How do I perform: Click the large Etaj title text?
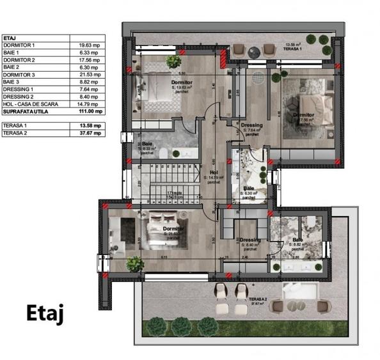click(x=44, y=315)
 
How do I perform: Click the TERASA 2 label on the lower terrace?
click(x=258, y=299)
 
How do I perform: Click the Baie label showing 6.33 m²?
click(x=147, y=148)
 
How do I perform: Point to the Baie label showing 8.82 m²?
click(x=298, y=242)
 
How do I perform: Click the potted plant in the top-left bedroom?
click(x=173, y=61)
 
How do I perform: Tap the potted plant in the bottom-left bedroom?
click(x=134, y=263)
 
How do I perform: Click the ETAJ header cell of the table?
click(x=10, y=38)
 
